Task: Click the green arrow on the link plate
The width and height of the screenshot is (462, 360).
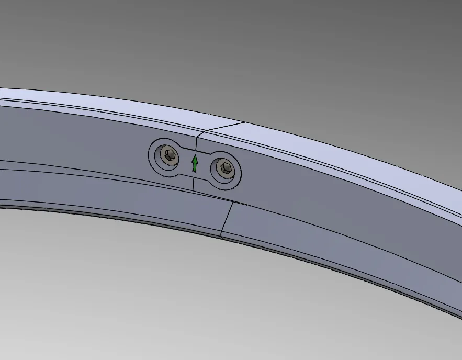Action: [x=195, y=164]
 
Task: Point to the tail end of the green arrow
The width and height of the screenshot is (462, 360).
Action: [x=195, y=172]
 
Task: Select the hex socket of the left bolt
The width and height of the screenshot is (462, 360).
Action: [x=168, y=154]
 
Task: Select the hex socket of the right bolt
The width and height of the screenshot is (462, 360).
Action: [x=226, y=167]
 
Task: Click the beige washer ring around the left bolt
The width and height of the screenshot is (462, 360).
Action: [x=162, y=155]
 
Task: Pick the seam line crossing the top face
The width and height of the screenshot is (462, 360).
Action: [x=222, y=127]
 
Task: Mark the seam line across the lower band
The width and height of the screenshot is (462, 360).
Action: [x=227, y=220]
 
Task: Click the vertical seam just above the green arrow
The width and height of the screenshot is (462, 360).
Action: [x=197, y=143]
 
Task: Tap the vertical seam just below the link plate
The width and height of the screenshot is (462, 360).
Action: [x=193, y=184]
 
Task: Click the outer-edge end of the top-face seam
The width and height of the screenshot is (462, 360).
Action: [x=244, y=123]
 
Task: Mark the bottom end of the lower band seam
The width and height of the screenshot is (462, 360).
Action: [x=221, y=238]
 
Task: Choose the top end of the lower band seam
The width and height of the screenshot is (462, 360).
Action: [x=232, y=202]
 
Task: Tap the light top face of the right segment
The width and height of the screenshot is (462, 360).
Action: [x=340, y=152]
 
